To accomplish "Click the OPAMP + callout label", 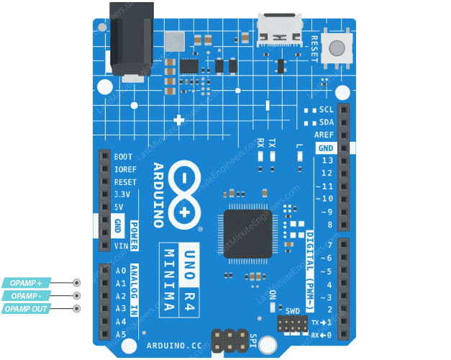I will (x=26, y=283).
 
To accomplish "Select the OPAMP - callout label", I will (x=26, y=296).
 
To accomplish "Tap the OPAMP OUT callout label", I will (x=26, y=309).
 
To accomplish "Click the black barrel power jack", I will (x=131, y=40).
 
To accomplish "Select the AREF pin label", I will (x=324, y=135).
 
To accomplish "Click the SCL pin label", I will (x=327, y=109).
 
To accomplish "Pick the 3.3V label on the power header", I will (x=122, y=194).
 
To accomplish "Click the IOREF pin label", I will (x=124, y=169).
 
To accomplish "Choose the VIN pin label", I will (x=121, y=246).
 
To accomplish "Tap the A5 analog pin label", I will (x=120, y=335).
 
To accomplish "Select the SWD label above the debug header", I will (x=293, y=311).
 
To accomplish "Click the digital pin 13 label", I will (x=327, y=161).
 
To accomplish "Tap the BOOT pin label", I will (x=123, y=156).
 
